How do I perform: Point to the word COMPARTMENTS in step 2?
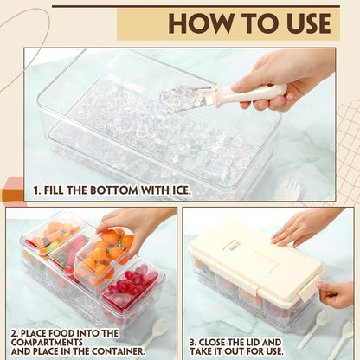tap(47, 343)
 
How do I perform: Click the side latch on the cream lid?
tap(308, 288)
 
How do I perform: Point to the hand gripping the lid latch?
tap(335, 294)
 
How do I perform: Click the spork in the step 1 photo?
tap(288, 190)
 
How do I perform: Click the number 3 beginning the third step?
tap(193, 343)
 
